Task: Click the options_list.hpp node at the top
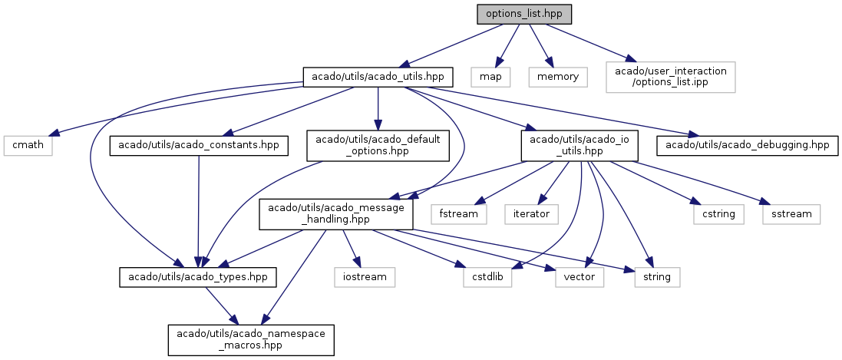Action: (524, 14)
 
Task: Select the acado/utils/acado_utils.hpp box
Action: (378, 77)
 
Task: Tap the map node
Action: (490, 77)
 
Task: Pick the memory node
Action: (558, 77)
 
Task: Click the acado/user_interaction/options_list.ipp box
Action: (670, 77)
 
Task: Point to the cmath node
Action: (28, 146)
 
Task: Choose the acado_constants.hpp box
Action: (200, 146)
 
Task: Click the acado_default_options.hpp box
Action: (378, 146)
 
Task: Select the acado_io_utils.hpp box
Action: (579, 146)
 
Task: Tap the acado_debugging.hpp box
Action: (747, 146)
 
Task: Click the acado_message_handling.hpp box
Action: (336, 214)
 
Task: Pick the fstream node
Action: (458, 214)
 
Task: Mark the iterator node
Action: (532, 214)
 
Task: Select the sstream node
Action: (791, 214)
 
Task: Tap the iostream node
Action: (364, 276)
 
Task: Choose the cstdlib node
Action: (488, 276)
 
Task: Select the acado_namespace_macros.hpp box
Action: (251, 339)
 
